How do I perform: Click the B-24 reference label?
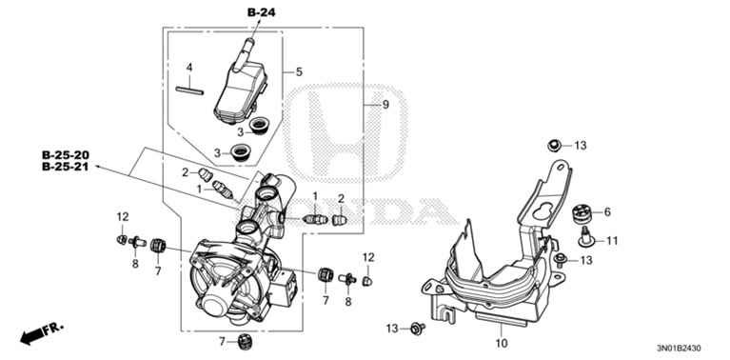pyautogui.click(x=261, y=12)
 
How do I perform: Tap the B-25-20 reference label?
pyautogui.click(x=66, y=155)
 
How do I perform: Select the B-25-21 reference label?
pyautogui.click(x=66, y=167)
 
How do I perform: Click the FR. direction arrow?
pyautogui.click(x=42, y=333)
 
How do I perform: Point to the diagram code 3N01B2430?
pyautogui.click(x=679, y=348)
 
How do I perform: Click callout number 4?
pyautogui.click(x=189, y=68)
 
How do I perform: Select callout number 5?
pyautogui.click(x=299, y=71)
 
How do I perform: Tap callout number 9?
pyautogui.click(x=385, y=105)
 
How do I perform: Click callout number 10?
pyautogui.click(x=502, y=344)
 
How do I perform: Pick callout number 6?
pyautogui.click(x=607, y=212)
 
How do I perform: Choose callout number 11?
pyautogui.click(x=612, y=241)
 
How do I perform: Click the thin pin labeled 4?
pyautogui.click(x=189, y=90)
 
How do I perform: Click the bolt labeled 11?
pyautogui.click(x=585, y=236)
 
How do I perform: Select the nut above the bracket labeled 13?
pyautogui.click(x=554, y=146)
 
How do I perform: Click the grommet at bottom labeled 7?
pyautogui.click(x=245, y=341)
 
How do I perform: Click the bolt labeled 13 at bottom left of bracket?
pyautogui.click(x=416, y=329)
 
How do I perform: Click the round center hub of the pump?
pyautogui.click(x=216, y=307)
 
